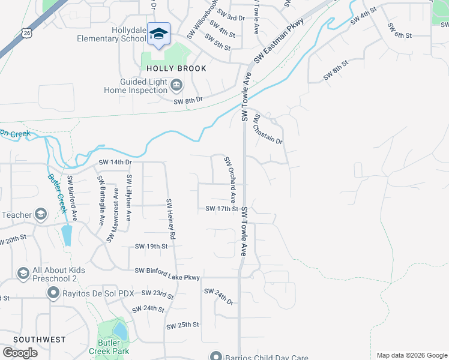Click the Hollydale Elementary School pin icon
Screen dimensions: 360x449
click(x=158, y=34)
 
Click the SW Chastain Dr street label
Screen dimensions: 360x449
click(x=268, y=128)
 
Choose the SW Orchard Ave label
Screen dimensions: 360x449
click(x=230, y=179)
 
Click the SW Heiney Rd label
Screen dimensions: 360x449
click(x=170, y=220)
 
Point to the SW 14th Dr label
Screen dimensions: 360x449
click(x=115, y=163)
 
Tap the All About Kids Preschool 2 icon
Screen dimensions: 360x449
click(x=23, y=274)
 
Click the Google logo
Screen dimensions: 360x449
click(x=20, y=353)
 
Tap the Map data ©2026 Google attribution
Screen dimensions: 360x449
click(x=411, y=355)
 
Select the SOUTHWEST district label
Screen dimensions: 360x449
click(x=39, y=340)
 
